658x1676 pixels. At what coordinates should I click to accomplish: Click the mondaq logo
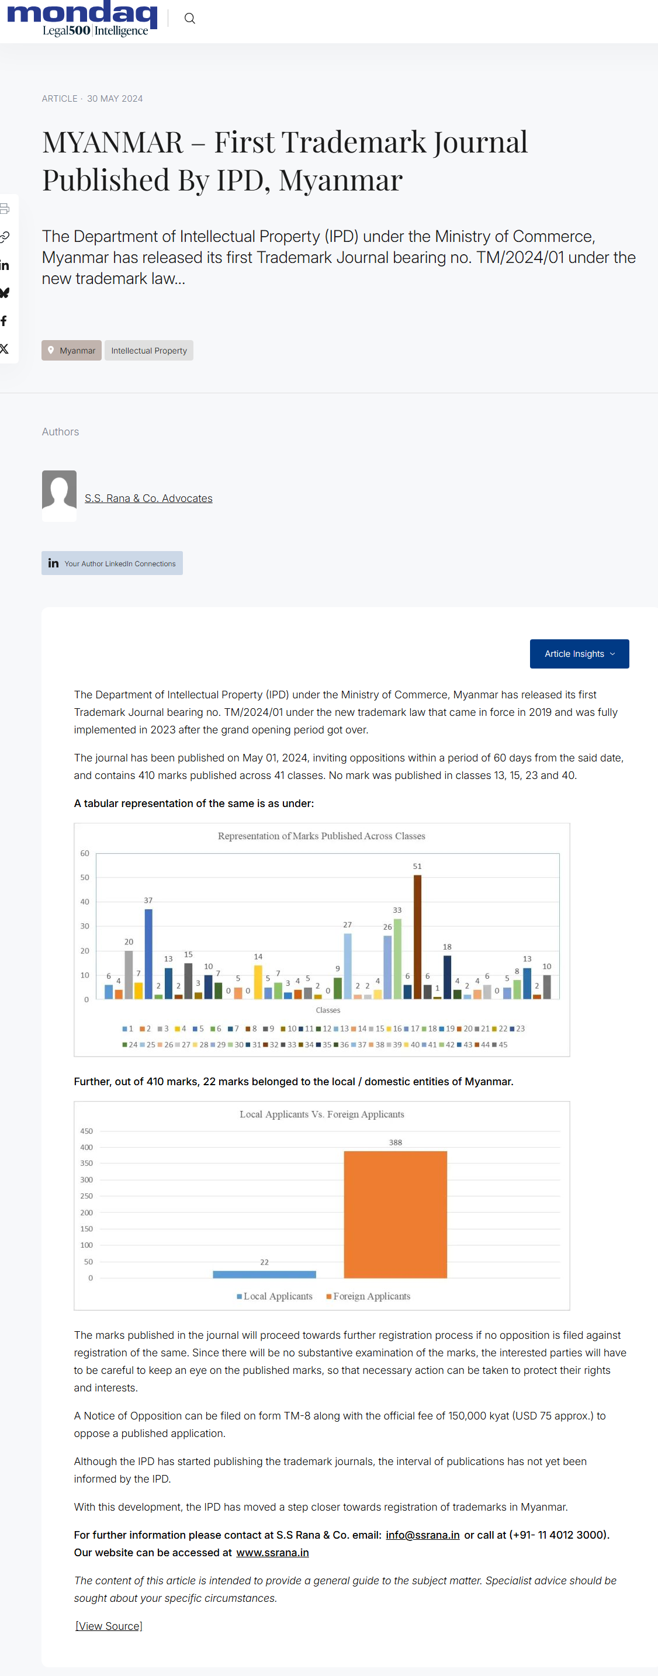[82, 18]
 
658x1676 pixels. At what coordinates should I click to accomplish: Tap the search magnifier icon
[189, 18]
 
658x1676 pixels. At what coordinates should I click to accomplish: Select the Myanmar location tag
[72, 350]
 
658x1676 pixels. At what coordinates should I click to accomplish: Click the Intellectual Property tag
[149, 350]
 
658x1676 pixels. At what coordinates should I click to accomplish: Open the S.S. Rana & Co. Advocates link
[148, 498]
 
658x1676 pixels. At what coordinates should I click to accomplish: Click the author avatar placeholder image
[59, 495]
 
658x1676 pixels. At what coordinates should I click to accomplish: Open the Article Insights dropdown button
[579, 653]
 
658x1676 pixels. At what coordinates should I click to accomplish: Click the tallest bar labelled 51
[417, 937]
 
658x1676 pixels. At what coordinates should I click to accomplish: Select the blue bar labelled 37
[148, 953]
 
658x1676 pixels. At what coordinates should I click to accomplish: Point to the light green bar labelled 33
[398, 958]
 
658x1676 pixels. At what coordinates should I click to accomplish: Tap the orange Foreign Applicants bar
[395, 1214]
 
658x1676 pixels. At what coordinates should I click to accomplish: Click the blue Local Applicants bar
[264, 1274]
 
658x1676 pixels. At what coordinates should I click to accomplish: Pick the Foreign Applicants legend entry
[368, 1296]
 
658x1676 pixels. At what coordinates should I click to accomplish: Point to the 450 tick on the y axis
[86, 1131]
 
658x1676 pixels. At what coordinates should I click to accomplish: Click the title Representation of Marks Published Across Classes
[321, 836]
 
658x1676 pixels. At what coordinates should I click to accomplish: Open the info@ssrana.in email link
[422, 1535]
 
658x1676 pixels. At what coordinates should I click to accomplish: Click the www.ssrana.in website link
[272, 1552]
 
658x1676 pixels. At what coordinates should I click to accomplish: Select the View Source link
[109, 1626]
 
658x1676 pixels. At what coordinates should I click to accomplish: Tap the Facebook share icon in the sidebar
[5, 321]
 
